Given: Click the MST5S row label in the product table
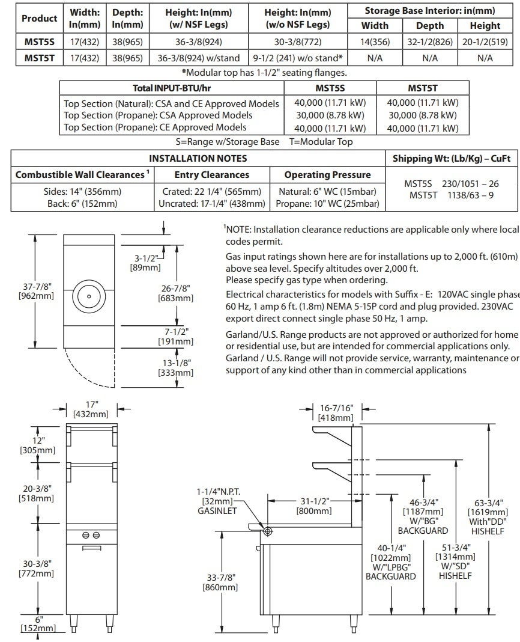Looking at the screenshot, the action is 39,41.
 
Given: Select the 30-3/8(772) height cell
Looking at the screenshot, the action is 297,41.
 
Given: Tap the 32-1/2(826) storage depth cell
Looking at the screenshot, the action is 429,41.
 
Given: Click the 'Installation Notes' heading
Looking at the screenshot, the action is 198,159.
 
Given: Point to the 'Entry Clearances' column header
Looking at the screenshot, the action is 211,175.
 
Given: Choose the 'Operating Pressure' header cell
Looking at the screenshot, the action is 327,175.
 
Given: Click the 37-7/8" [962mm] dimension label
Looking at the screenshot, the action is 36,291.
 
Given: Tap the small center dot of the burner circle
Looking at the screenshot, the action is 89,296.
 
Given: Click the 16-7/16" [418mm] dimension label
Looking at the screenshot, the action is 336,413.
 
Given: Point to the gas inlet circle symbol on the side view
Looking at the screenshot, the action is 268,531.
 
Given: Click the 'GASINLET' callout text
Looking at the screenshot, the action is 217,511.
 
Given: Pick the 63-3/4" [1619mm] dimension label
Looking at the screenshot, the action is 488,517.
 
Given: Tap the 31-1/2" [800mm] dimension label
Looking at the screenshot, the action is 314,506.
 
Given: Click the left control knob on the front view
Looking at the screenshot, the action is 86,535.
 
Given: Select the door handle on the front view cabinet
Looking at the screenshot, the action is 92,548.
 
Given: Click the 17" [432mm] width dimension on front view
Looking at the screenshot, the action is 91,409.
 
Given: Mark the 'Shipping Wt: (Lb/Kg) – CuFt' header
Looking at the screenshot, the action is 452,159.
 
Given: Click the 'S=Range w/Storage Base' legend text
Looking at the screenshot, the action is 228,142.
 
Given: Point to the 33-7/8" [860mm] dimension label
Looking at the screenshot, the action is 220,582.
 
